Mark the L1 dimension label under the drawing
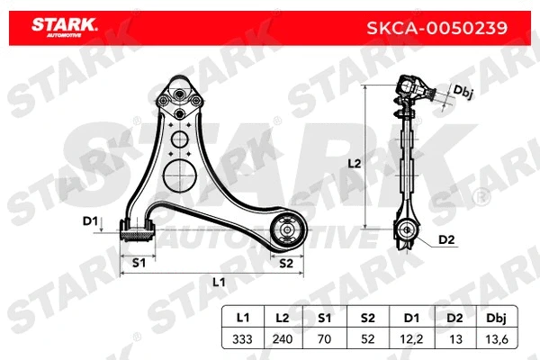pos(219,283)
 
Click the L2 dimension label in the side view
pos(354,164)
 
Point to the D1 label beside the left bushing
pos(89,220)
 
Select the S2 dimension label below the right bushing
pos(286,263)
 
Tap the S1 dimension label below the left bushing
pos(139,263)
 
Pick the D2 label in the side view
pos(446,239)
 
